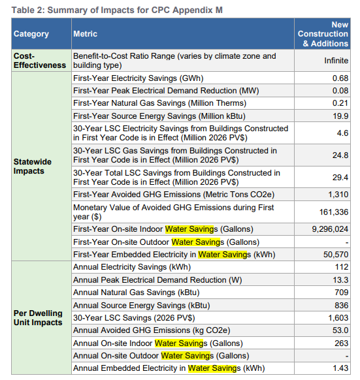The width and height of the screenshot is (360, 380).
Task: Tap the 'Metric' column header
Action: [86, 33]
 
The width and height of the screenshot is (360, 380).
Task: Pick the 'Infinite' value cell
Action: [336, 61]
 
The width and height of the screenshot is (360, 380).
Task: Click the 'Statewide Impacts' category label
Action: [32, 166]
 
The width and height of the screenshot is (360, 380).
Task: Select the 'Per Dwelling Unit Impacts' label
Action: [39, 317]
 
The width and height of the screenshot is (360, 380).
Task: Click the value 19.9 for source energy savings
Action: [340, 116]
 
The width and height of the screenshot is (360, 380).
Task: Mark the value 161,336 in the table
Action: [334, 212]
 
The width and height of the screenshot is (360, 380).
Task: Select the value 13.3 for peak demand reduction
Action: [340, 279]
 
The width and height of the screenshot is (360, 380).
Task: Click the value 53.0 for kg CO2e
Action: [340, 330]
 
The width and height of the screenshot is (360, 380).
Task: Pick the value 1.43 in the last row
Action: [340, 368]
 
